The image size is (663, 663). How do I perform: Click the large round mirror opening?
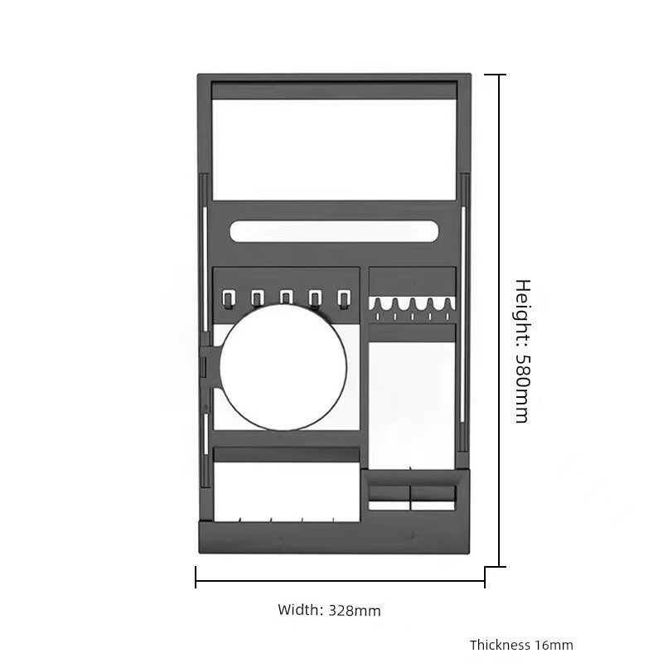[x=283, y=367]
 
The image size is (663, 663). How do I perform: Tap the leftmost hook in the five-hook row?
[x=228, y=298]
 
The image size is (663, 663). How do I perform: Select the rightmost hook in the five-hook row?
[x=343, y=298]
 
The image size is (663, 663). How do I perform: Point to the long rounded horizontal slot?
[x=335, y=231]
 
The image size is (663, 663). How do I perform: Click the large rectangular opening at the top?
[x=335, y=149]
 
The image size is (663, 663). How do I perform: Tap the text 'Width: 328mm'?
[x=329, y=610]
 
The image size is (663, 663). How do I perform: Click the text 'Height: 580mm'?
[x=523, y=351]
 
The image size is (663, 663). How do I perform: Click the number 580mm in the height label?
[x=523, y=388]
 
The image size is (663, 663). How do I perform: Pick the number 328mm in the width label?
[x=355, y=611]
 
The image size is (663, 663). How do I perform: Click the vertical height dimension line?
[x=501, y=321]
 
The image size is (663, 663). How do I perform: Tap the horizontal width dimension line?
[x=340, y=581]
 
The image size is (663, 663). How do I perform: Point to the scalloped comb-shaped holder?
[x=412, y=308]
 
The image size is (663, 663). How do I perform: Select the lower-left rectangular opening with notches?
[x=286, y=491]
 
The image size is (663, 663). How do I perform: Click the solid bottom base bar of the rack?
[x=334, y=537]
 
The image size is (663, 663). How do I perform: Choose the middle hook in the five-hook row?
[x=286, y=298]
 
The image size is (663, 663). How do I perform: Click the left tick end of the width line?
[x=196, y=577]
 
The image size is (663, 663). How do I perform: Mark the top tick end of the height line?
[x=495, y=75]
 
